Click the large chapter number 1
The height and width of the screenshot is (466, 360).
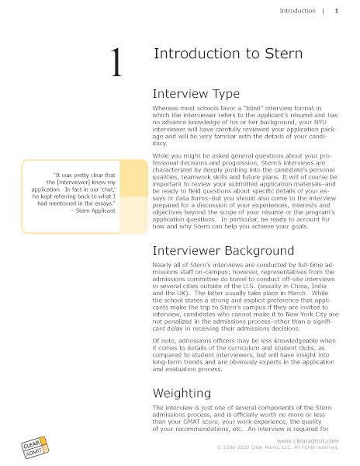coord(116,62)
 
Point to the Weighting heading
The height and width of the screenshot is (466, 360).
coord(182,393)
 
